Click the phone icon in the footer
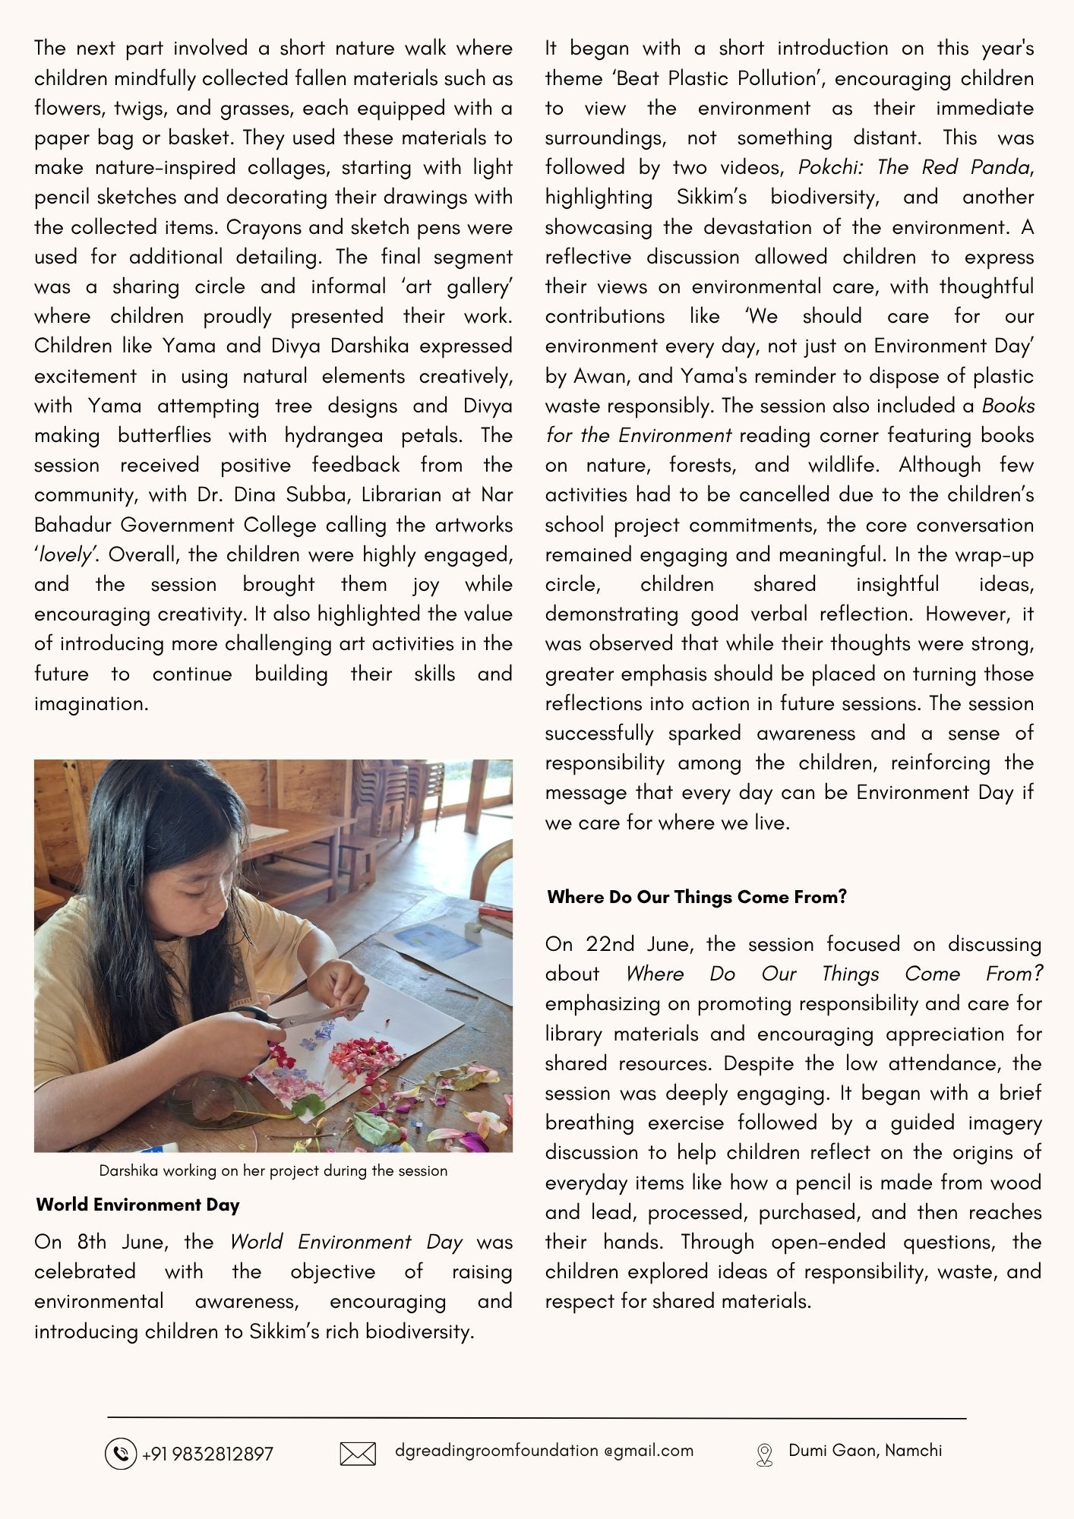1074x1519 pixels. click(x=120, y=1453)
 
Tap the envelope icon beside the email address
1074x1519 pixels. click(x=357, y=1454)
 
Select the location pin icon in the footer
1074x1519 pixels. click(x=764, y=1454)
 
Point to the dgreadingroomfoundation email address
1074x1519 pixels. click(x=544, y=1450)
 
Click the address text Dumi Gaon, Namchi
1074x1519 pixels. click(x=865, y=1450)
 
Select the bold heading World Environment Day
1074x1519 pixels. click(x=137, y=1205)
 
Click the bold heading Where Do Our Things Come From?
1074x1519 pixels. click(x=697, y=897)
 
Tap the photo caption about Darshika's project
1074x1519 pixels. click(x=273, y=1170)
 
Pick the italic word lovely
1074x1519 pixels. click(x=65, y=554)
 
